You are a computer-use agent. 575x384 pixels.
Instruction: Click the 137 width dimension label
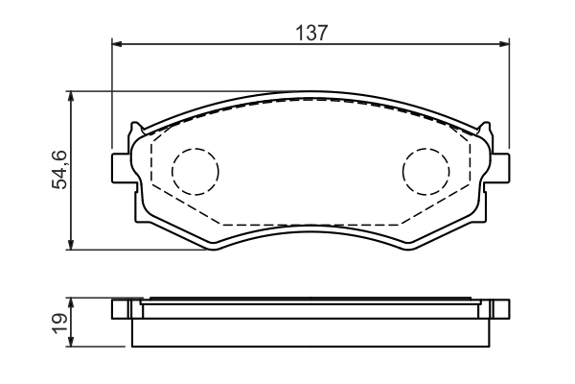310,33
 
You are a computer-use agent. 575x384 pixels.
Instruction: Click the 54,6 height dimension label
59,170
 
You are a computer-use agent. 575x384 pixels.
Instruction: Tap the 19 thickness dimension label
59,323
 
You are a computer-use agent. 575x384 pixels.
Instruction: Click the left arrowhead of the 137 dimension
116,44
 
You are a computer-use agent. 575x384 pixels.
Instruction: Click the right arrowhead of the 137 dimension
505,44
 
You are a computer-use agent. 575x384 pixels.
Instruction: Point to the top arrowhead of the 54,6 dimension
71,96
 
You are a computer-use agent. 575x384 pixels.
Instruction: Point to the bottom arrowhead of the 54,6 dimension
71,245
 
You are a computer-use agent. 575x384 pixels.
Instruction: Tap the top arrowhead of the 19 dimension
71,302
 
